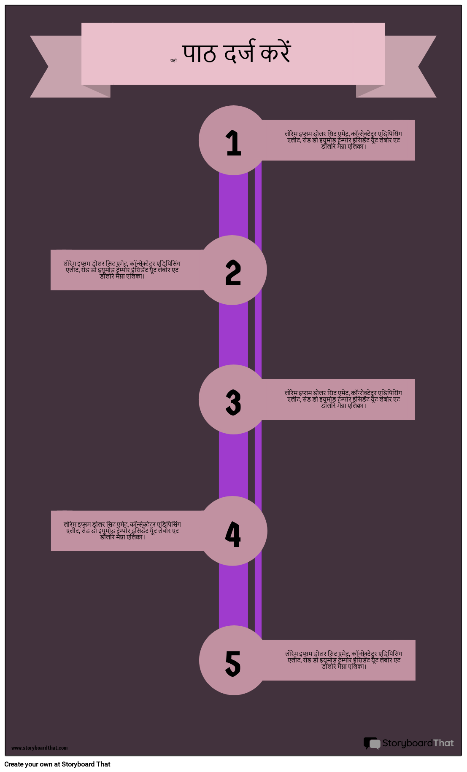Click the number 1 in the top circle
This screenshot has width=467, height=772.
coord(233,143)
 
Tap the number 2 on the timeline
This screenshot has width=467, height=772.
coord(233,273)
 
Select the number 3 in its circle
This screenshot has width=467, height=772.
coord(233,402)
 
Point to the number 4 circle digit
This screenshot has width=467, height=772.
coord(233,534)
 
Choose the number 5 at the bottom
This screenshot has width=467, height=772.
coord(233,663)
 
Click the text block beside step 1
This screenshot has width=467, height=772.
coord(343,140)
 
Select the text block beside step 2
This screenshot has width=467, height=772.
coord(122,270)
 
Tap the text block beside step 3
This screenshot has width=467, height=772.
coord(343,399)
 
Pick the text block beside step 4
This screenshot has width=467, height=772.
coord(122,531)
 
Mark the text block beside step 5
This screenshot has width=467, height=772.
coord(344,660)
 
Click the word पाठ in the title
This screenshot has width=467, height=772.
coord(199,54)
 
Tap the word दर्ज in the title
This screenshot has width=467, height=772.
coord(239,53)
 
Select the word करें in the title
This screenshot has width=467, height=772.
coord(275,53)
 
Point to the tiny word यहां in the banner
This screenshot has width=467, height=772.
coord(173,61)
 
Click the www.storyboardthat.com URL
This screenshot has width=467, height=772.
coord(39,748)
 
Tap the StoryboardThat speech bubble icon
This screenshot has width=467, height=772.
coord(372,743)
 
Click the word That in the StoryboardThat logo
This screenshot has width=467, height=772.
coord(443,743)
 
